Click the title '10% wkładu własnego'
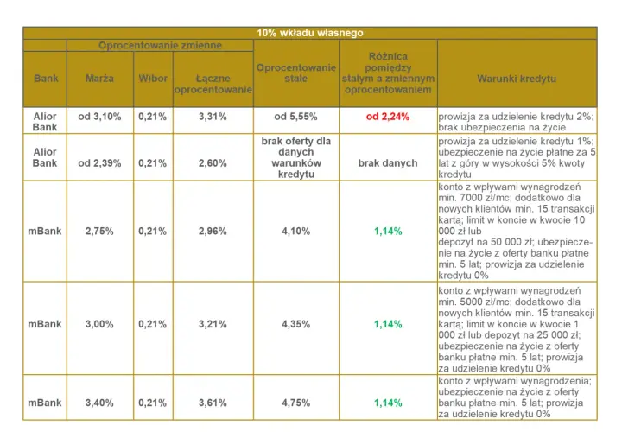coord(310,33)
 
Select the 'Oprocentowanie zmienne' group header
coord(160,45)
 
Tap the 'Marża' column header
coord(99,79)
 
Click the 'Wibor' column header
coord(153,79)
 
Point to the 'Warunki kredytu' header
coord(517,79)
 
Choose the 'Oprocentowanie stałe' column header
coord(296,73)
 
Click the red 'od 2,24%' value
coord(388,117)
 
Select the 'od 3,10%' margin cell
coord(99,117)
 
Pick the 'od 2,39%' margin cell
coord(99,163)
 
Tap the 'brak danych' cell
coord(388,163)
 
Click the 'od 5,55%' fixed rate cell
coord(296,117)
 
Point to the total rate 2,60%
coord(213,163)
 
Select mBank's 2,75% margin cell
coord(99,232)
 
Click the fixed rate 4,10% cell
coord(296,232)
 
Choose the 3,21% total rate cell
coord(213,324)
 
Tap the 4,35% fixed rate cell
coord(296,324)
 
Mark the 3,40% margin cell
coord(99,403)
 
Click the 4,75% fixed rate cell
coord(296,403)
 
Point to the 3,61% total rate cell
coord(213,403)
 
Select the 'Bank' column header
coord(46,79)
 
